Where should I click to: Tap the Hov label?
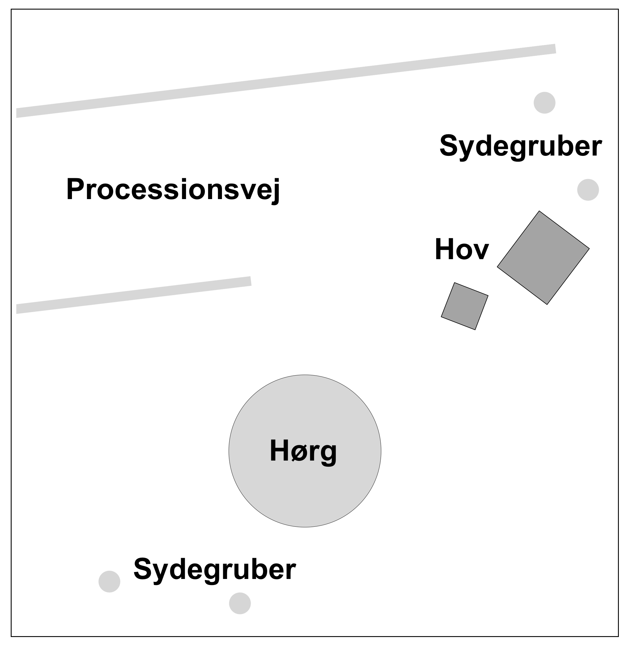pos(462,250)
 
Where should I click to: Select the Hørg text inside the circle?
pos(303,451)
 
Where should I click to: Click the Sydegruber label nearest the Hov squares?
pos(521,146)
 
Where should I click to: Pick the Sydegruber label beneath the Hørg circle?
pos(214,569)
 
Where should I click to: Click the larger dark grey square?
pos(543,258)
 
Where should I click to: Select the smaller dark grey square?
pos(464,306)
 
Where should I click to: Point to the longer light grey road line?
pos(286,81)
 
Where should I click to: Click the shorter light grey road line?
pos(134,295)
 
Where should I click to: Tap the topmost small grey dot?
pos(545,103)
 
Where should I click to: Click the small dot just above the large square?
pos(588,190)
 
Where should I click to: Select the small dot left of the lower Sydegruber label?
pos(109,582)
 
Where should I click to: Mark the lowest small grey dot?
pos(240,603)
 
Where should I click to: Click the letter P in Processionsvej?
pos(74,189)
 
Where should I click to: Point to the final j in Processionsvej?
pos(276,191)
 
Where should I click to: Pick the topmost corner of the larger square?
pos(539,211)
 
